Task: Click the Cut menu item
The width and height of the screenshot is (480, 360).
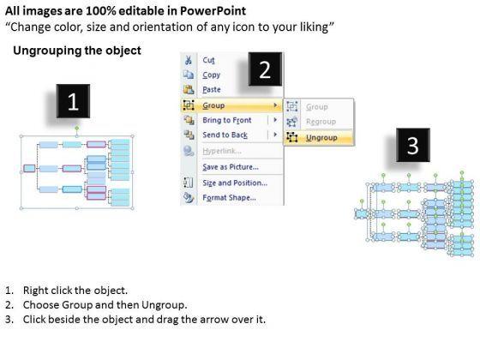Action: pos(208,60)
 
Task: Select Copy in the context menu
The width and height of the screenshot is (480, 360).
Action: pos(211,75)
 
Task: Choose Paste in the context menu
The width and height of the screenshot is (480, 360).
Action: pos(212,90)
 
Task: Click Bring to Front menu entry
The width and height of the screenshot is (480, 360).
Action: pos(227,120)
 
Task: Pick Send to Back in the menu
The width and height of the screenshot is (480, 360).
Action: pos(225,135)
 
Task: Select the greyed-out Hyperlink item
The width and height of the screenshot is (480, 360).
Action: pos(222,151)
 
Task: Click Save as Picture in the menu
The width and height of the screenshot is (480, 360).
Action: pos(231,167)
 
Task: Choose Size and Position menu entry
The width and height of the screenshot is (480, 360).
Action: pos(235,183)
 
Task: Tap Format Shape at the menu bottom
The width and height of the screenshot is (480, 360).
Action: pos(230,197)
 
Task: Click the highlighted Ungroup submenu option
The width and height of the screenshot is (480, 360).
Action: pos(321,138)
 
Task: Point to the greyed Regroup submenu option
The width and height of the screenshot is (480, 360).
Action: pos(321,122)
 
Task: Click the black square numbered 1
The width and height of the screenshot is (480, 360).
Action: pos(73,101)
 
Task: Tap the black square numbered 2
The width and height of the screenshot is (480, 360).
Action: pos(265,69)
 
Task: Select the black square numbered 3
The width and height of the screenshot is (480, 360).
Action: pos(413,145)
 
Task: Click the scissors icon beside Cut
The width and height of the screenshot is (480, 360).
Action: pos(189,60)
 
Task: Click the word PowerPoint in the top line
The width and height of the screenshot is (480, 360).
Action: pos(213,11)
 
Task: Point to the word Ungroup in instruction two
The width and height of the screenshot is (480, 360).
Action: pos(163,305)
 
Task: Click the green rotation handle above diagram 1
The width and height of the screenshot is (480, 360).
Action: pos(77,128)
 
